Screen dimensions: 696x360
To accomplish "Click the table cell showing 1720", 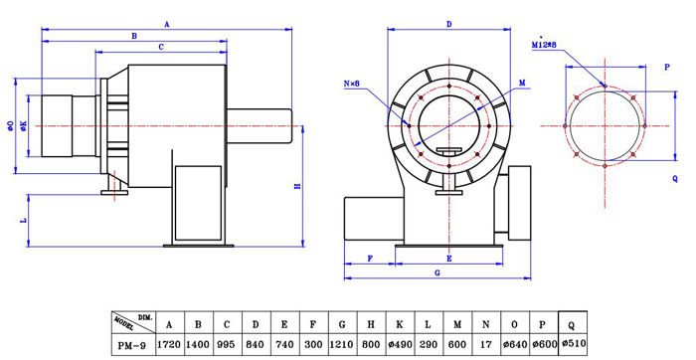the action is pos(170,344).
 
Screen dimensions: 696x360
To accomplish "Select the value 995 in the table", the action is pos(227,344).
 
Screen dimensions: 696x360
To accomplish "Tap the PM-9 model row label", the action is pos(132,345).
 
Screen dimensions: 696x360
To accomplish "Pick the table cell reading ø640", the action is pos(515,344).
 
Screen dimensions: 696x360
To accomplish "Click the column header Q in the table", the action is pos(572,325).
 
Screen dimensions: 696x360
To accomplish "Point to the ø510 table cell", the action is pos(574,343).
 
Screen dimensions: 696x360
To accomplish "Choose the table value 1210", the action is pos(342,344).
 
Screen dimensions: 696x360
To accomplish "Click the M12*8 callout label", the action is pos(544,45).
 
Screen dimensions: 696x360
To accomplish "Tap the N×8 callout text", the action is pos(352,84).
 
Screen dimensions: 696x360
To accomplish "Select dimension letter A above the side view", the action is pos(167,25).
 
